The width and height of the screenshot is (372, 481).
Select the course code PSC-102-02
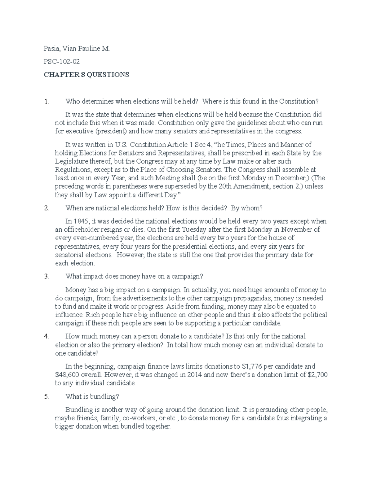(62, 62)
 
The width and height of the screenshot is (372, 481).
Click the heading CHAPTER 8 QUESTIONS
(86, 75)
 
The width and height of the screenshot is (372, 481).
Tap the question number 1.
(46, 101)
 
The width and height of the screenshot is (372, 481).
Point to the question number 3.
(46, 277)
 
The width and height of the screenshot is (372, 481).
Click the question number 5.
(46, 397)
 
